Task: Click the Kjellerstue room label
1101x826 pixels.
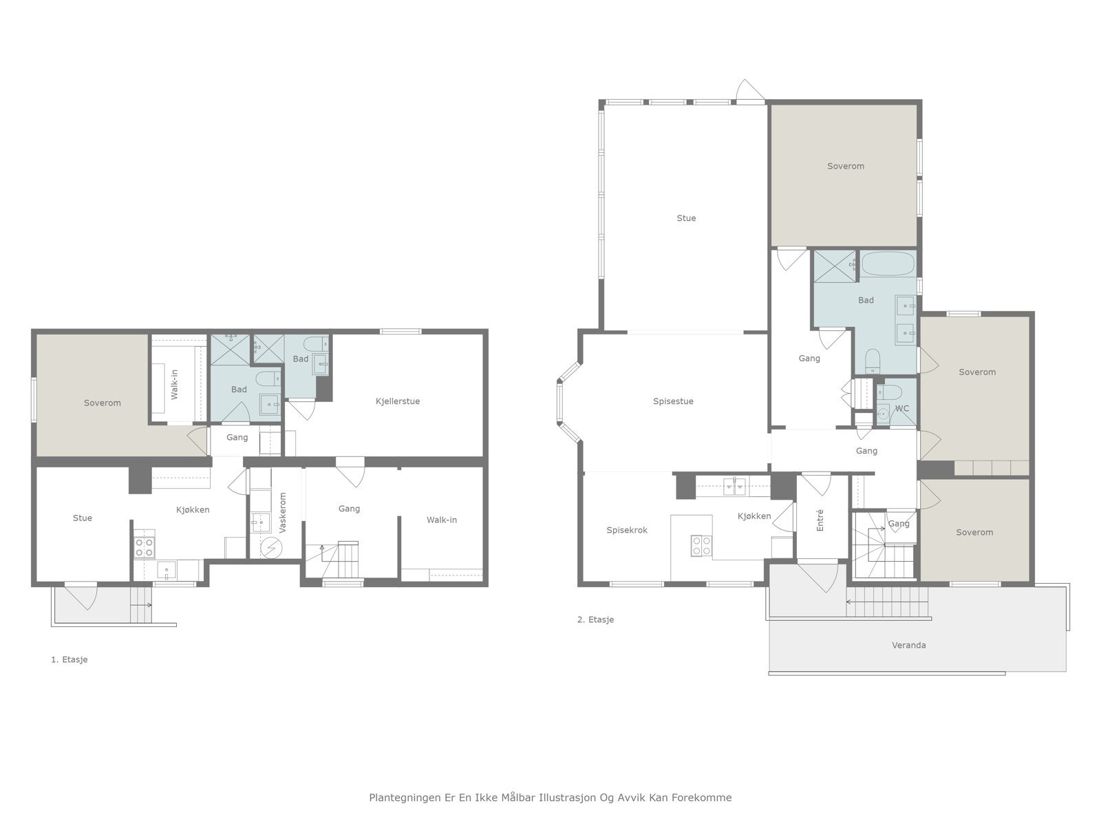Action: point(397,401)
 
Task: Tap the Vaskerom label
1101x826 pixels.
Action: point(282,513)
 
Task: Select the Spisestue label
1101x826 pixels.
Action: point(673,401)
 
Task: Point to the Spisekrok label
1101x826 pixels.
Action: point(627,530)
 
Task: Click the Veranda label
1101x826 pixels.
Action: point(908,646)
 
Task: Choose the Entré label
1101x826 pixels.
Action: point(820,520)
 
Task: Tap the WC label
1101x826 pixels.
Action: point(902,408)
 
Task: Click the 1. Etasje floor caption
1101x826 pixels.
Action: point(70,659)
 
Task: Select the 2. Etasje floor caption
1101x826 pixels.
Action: point(595,619)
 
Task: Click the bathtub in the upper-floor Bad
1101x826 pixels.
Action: point(888,264)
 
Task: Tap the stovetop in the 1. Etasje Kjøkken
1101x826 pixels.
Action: point(144,547)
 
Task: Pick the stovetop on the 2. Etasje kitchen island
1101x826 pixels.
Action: point(701,546)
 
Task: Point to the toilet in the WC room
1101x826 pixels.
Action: point(889,391)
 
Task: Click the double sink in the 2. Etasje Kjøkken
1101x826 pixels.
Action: point(734,487)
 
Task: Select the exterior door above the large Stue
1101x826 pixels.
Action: point(750,92)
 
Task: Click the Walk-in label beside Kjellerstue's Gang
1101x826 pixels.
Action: point(441,520)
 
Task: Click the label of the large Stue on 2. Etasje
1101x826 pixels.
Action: point(686,218)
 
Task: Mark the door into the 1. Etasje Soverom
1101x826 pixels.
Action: point(197,441)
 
